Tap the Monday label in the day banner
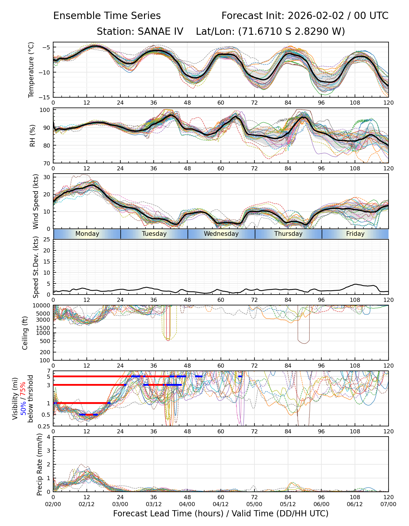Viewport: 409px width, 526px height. [x=87, y=234]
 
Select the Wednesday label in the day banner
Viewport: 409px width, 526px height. [x=221, y=234]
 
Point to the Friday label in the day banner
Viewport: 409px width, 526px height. [x=355, y=234]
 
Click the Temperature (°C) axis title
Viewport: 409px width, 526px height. [x=31, y=70]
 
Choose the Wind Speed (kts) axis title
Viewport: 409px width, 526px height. [x=36, y=201]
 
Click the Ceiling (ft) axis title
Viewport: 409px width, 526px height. [x=25, y=333]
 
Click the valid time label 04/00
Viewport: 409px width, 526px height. [x=187, y=504]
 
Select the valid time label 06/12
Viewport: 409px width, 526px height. [x=355, y=504]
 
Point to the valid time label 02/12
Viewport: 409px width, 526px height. [x=86, y=504]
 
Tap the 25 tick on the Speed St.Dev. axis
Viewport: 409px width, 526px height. [x=47, y=240]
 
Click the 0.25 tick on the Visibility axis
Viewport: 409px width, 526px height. [x=45, y=426]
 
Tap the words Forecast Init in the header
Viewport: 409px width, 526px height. [x=252, y=16]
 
